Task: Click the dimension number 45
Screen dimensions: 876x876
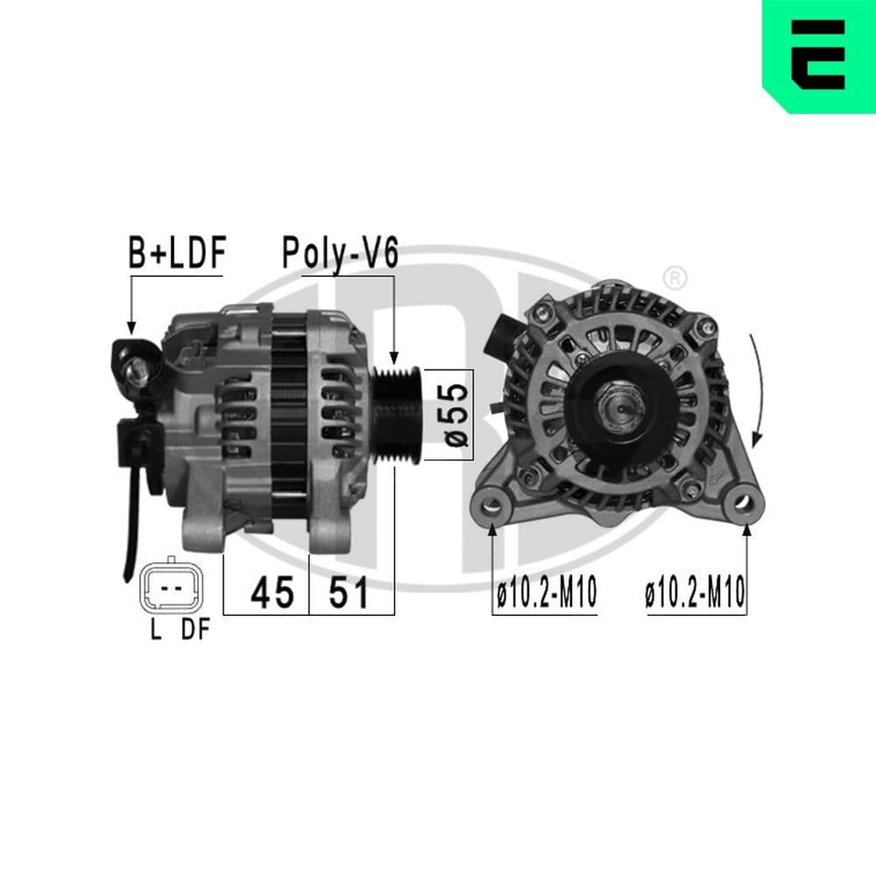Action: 272,594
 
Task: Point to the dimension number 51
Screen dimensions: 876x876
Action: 349,594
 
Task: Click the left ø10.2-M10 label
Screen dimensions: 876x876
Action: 546,596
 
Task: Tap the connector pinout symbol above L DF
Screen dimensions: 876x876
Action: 172,586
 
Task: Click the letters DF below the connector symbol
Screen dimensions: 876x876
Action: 196,630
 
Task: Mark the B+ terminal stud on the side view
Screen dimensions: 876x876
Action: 137,373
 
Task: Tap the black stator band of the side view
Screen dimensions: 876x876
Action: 288,420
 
